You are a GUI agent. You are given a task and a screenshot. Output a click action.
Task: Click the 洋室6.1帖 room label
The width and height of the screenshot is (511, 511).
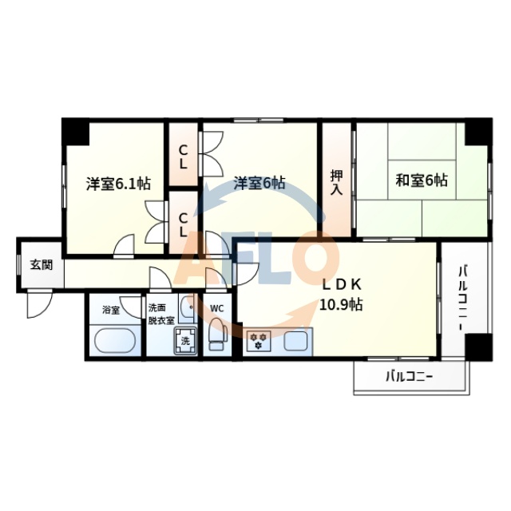click(x=118, y=183)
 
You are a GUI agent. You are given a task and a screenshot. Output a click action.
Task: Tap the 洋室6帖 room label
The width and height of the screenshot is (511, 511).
click(x=259, y=183)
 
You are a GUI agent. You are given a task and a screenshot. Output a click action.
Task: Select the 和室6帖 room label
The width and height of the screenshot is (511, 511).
click(x=421, y=180)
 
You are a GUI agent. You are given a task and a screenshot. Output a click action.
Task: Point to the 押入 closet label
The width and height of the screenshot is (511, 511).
click(x=337, y=182)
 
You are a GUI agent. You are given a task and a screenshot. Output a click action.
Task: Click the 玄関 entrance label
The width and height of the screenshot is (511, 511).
click(x=42, y=265)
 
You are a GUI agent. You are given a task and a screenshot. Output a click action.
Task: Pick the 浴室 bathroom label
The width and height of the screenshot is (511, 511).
click(x=110, y=310)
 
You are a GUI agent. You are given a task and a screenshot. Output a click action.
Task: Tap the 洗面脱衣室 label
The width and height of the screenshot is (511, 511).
click(x=159, y=314)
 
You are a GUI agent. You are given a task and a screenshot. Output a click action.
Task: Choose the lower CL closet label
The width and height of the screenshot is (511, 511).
click(x=183, y=224)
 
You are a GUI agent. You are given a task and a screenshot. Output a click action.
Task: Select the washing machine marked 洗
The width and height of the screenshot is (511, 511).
click(x=185, y=340)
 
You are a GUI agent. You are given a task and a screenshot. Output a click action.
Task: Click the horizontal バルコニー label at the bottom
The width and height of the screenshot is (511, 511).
click(x=409, y=376)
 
